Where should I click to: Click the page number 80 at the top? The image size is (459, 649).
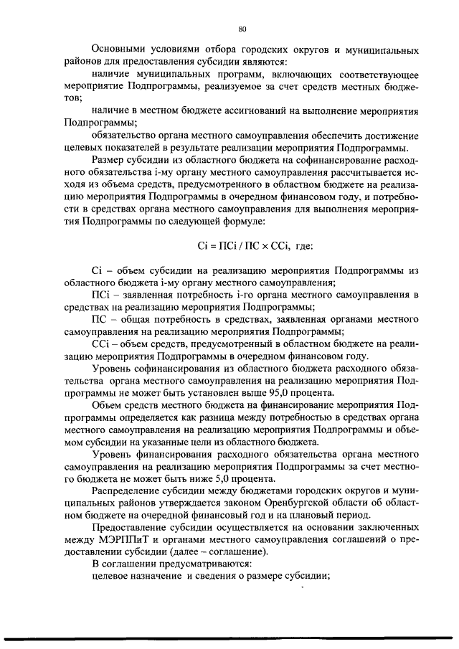click(242, 29)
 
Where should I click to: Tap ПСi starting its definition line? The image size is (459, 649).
click(101, 295)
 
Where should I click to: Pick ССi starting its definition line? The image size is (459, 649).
click(102, 344)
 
